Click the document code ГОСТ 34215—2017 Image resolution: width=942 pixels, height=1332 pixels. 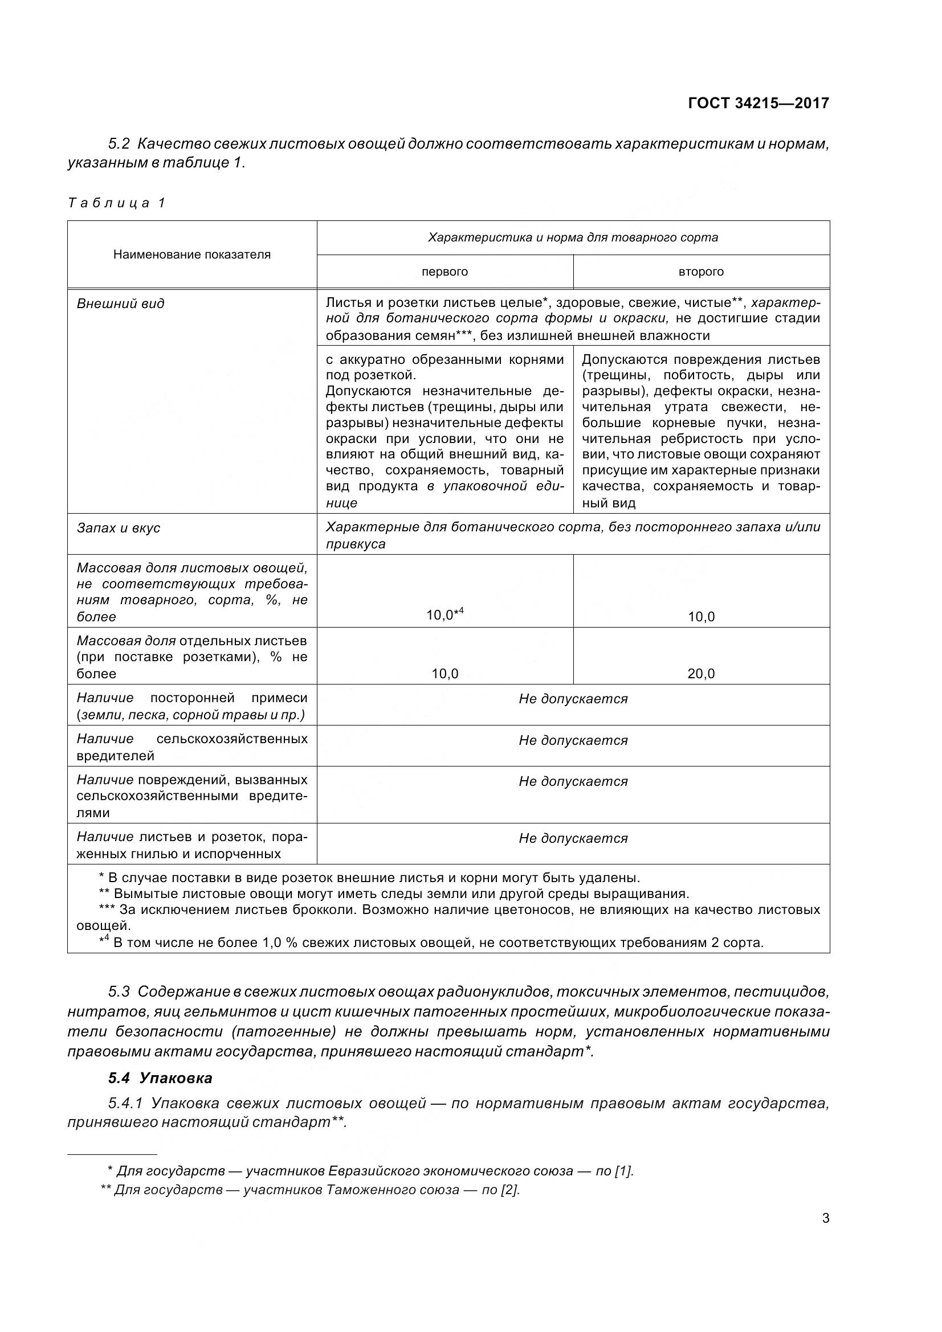pyautogui.click(x=758, y=103)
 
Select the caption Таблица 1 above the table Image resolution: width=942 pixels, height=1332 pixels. pyautogui.click(x=117, y=203)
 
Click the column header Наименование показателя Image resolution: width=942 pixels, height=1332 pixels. pyautogui.click(x=191, y=254)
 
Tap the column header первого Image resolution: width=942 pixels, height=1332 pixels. pyautogui.click(x=445, y=272)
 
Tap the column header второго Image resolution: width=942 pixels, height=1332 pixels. pyautogui.click(x=700, y=272)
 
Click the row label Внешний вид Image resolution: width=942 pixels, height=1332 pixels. pyautogui.click(x=121, y=304)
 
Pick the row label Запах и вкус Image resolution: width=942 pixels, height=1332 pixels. pyautogui.click(x=119, y=528)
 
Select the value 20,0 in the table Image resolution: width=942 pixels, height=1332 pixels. pyautogui.click(x=701, y=674)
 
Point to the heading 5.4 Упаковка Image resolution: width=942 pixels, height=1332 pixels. pyautogui.click(x=160, y=1078)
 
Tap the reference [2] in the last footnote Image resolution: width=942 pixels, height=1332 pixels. pyautogui.click(x=509, y=1190)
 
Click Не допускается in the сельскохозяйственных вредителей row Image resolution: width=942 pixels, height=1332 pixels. pyautogui.click(x=573, y=741)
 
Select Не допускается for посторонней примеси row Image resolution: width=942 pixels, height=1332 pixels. pyautogui.click(x=573, y=699)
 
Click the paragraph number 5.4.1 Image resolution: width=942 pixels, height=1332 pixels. pyautogui.click(x=125, y=1103)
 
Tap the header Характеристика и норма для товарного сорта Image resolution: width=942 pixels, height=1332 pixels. pyautogui.click(x=573, y=237)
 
